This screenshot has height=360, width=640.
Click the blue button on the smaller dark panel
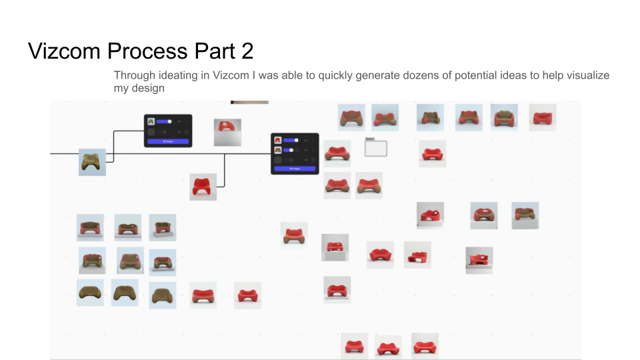click(168, 141)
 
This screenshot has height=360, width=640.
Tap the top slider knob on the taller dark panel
click(297, 140)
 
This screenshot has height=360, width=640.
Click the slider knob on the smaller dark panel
click(169, 121)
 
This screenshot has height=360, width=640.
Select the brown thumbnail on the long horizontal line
click(92, 162)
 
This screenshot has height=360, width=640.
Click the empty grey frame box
click(376, 148)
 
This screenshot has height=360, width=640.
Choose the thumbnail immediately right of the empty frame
click(433, 154)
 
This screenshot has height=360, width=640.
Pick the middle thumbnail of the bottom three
click(388, 347)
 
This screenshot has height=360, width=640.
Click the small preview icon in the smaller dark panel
click(151, 121)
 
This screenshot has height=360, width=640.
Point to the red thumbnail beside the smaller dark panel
click(227, 132)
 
